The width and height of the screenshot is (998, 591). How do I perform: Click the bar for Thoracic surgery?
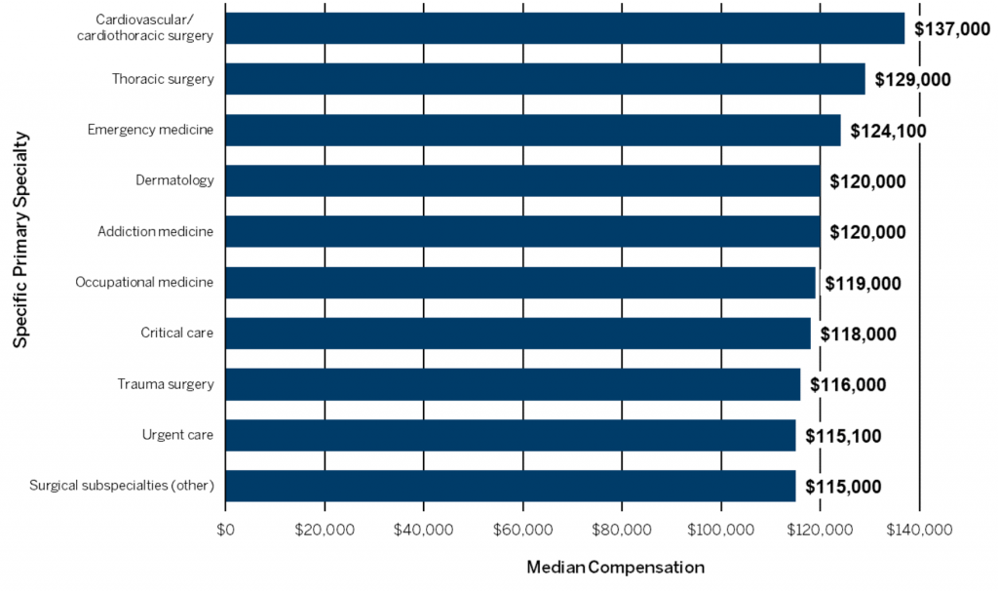click(x=545, y=79)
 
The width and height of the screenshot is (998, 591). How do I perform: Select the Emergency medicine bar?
click(x=533, y=130)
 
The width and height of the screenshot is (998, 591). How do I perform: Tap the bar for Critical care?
click(x=518, y=334)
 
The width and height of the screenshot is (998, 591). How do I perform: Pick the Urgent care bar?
click(x=511, y=435)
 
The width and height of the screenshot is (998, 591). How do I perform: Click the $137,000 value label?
click(x=951, y=29)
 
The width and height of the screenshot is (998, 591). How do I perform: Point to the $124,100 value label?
click(x=888, y=131)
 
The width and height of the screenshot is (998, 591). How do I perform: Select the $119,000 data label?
click(x=863, y=283)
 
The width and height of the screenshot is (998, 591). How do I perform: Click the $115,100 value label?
click(x=843, y=435)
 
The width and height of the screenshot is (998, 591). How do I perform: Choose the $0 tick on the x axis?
click(x=225, y=531)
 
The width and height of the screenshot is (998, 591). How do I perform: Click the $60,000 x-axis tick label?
click(x=522, y=531)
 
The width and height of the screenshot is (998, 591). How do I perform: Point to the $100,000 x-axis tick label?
click(x=720, y=531)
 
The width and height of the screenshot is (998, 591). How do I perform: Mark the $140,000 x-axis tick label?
click(x=919, y=531)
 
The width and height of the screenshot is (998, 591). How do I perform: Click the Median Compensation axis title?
click(x=615, y=567)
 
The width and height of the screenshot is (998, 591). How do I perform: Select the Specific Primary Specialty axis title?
click(x=20, y=240)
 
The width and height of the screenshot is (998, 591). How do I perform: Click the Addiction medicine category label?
click(x=155, y=231)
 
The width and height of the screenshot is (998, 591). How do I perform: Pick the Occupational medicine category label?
click(x=144, y=283)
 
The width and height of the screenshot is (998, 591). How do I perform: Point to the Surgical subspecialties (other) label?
click(x=122, y=486)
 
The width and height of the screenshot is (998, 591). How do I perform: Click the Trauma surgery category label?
click(x=165, y=384)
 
